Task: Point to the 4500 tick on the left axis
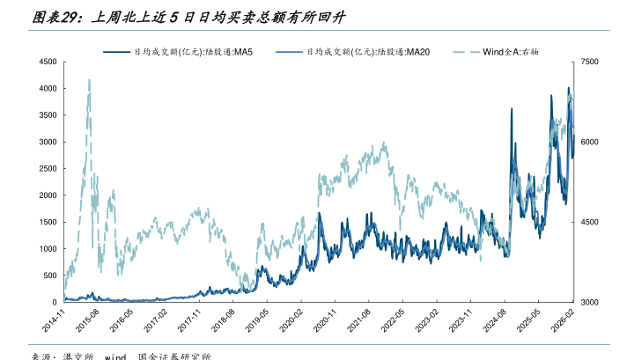point(46,62)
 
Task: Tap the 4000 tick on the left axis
point(46,89)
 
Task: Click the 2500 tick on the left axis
point(46,169)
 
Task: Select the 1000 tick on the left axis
point(46,249)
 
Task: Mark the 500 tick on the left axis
point(48,276)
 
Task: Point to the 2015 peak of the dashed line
point(89,80)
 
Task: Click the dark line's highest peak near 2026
point(569,88)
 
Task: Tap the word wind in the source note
point(116,356)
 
